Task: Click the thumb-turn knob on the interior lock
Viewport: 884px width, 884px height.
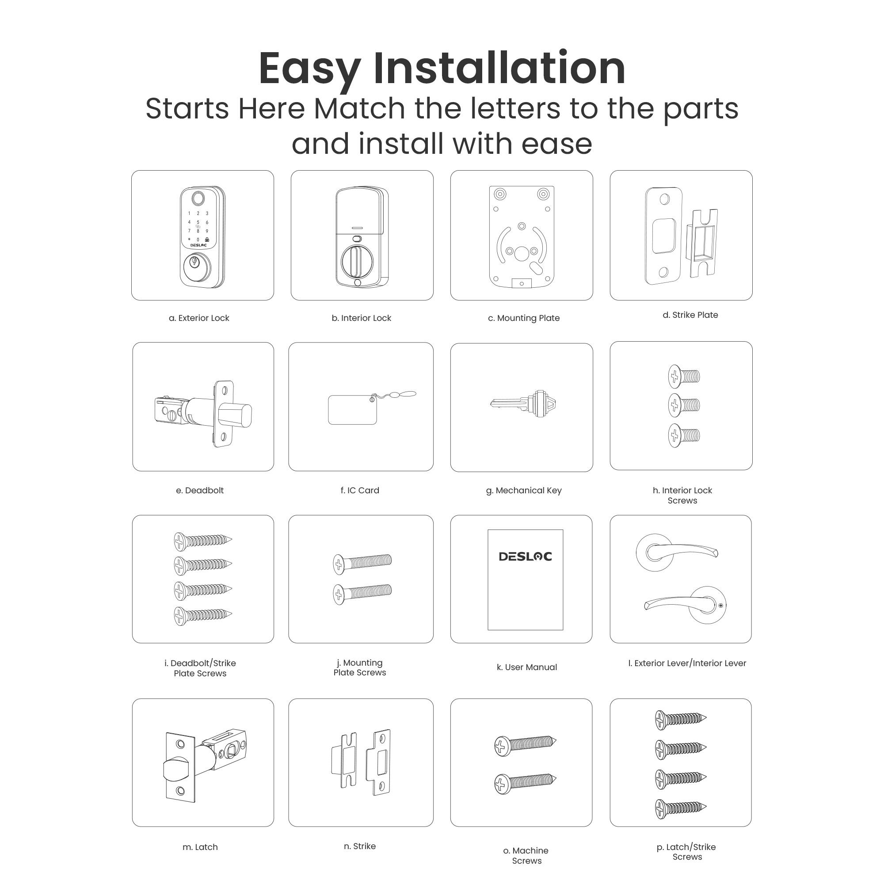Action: (x=357, y=262)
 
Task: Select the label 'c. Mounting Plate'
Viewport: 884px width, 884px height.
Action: (x=523, y=318)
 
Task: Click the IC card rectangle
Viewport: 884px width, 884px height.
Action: (x=352, y=410)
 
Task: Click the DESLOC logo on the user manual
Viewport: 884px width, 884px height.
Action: (x=525, y=556)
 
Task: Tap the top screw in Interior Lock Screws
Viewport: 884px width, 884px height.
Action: (x=684, y=376)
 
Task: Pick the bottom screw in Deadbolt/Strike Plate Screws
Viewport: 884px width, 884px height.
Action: (x=202, y=616)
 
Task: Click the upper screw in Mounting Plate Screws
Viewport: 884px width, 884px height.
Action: (x=362, y=563)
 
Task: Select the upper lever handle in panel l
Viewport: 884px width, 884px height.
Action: (x=676, y=551)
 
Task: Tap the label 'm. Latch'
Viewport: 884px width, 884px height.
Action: (x=200, y=847)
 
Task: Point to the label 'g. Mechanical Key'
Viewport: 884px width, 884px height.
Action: (x=523, y=491)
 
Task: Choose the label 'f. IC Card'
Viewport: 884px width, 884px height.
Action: (x=360, y=491)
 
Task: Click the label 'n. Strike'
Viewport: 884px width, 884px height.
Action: (x=360, y=846)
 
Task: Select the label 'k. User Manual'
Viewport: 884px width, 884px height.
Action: (x=527, y=667)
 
